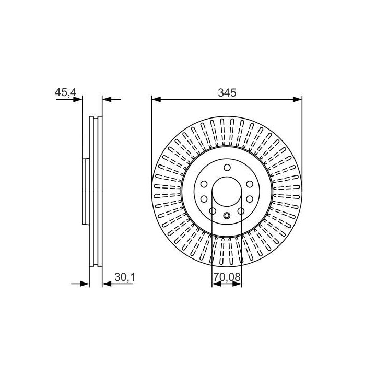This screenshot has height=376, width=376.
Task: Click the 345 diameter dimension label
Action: tap(227, 92)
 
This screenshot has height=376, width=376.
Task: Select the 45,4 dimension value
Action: tap(65, 92)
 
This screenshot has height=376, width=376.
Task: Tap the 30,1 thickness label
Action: tap(125, 277)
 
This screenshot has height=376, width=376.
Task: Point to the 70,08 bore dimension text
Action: tap(227, 277)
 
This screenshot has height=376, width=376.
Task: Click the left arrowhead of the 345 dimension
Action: tap(156, 99)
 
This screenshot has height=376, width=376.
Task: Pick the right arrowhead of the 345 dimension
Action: tap(297, 99)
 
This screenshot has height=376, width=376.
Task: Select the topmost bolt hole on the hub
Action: tap(227, 168)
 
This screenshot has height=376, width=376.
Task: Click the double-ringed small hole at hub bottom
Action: tap(227, 216)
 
